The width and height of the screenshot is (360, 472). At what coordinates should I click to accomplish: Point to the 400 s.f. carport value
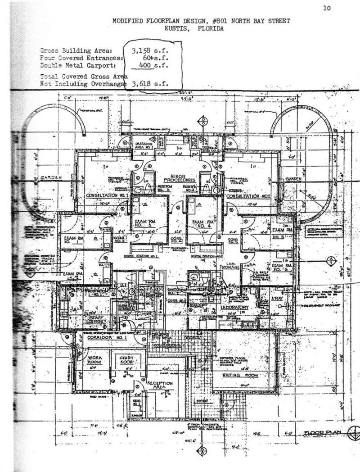tap(150, 66)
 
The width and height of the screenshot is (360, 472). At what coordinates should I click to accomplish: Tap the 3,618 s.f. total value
tap(149, 84)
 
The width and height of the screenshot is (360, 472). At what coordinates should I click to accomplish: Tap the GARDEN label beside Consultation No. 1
tap(51, 178)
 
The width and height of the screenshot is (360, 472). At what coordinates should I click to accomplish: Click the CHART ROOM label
tap(126, 359)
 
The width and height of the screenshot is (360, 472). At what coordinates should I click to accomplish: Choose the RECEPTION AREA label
tap(160, 386)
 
